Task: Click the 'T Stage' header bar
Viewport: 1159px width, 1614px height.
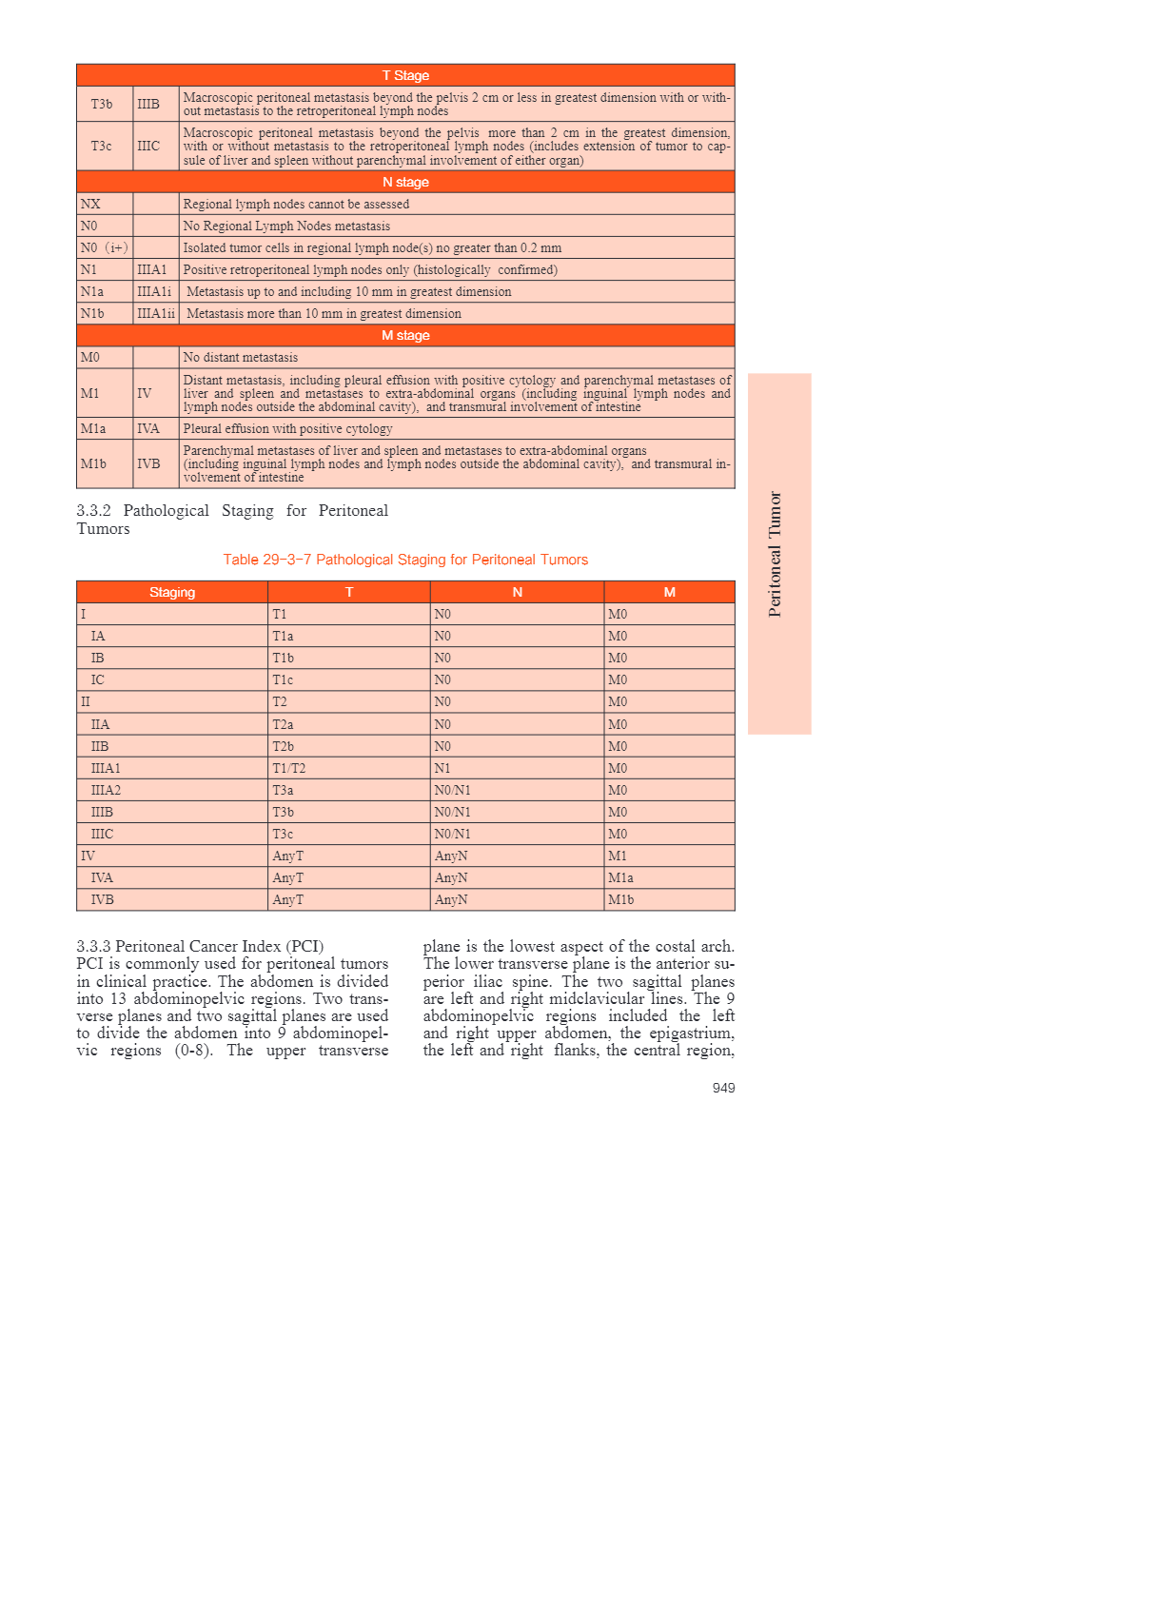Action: click(x=405, y=75)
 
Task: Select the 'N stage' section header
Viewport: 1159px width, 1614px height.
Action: click(x=405, y=182)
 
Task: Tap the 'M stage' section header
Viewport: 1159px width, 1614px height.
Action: click(x=405, y=335)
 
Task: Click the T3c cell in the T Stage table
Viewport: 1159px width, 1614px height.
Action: click(x=102, y=146)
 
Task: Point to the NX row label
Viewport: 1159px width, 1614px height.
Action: click(x=90, y=204)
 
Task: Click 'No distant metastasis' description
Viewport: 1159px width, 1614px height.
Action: click(x=241, y=357)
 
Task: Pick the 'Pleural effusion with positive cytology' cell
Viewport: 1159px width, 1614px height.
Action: click(x=287, y=428)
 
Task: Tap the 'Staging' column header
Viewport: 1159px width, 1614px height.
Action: click(x=172, y=592)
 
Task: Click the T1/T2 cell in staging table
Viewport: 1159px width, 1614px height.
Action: click(x=289, y=768)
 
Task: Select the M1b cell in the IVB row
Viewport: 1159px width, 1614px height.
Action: click(x=620, y=899)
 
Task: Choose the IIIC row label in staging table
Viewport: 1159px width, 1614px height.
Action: click(x=102, y=834)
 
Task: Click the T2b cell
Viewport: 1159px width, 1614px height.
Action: click(x=284, y=746)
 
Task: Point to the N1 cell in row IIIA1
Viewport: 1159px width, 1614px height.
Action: click(x=442, y=768)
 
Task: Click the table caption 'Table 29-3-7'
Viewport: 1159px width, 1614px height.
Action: click(x=405, y=560)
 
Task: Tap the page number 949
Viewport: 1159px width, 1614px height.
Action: click(x=723, y=1088)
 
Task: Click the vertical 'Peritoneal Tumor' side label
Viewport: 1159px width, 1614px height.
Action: click(x=776, y=554)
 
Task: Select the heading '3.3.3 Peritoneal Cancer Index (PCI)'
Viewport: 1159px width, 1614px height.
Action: click(x=200, y=946)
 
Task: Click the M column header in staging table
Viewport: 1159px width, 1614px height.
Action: click(x=669, y=592)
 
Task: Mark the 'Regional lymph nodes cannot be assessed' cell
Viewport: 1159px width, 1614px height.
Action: click(x=296, y=204)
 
